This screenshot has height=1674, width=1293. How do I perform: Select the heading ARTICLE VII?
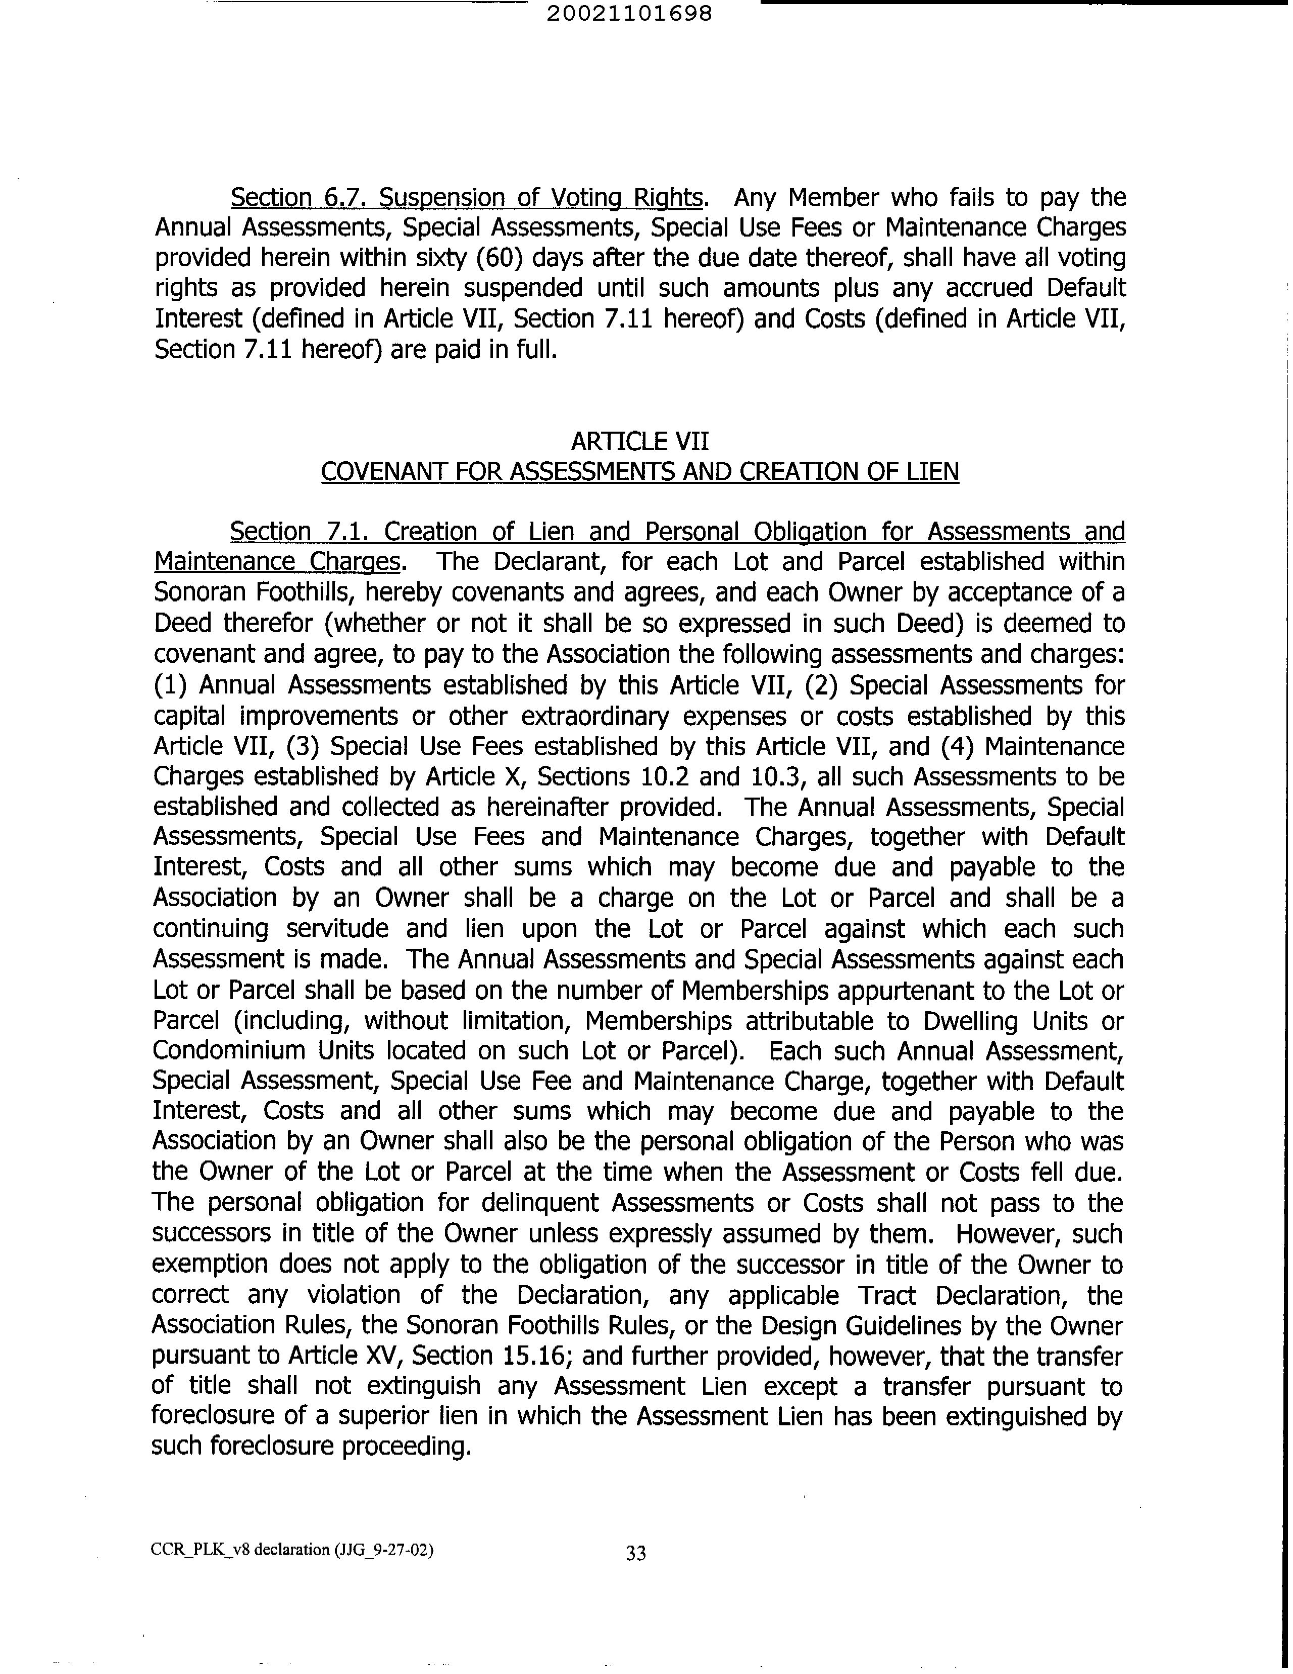(639, 441)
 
